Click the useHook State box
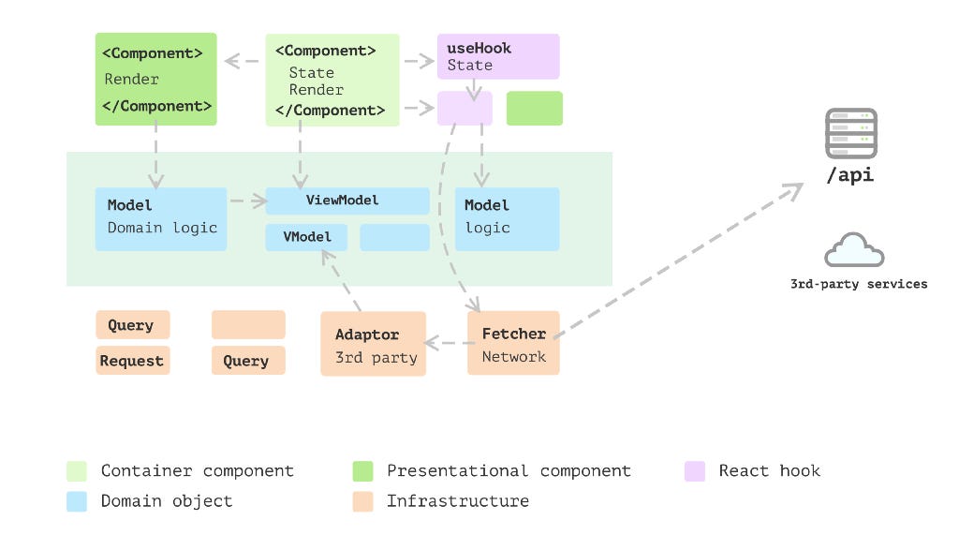(x=498, y=56)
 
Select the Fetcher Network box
(x=513, y=343)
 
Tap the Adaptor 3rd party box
(x=373, y=344)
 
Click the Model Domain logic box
(x=161, y=218)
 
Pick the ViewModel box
(x=347, y=201)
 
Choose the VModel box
(x=306, y=237)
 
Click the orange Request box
(x=132, y=361)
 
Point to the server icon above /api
(x=850, y=132)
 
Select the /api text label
(x=850, y=175)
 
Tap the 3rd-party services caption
(x=859, y=284)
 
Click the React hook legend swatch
(x=694, y=471)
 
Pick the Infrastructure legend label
(x=457, y=501)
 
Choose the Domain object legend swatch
(x=77, y=501)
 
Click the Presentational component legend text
(x=509, y=471)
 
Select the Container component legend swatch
(x=77, y=471)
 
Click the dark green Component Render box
(x=155, y=79)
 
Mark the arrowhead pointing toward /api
(x=793, y=190)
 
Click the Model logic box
(x=507, y=218)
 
